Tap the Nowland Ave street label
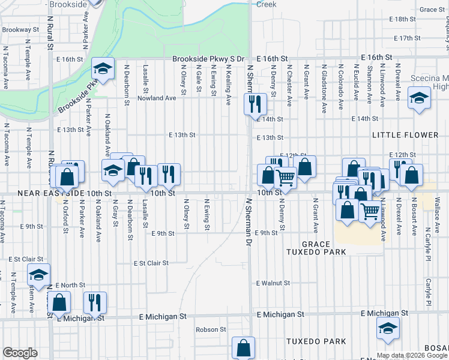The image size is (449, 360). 157,98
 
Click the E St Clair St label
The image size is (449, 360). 151,263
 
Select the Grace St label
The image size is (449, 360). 432,10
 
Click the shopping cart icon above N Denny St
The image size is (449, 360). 285,177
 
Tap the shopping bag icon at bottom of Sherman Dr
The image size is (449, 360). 243,347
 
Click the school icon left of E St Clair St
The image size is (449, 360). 38,275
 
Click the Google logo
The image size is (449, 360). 20,353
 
